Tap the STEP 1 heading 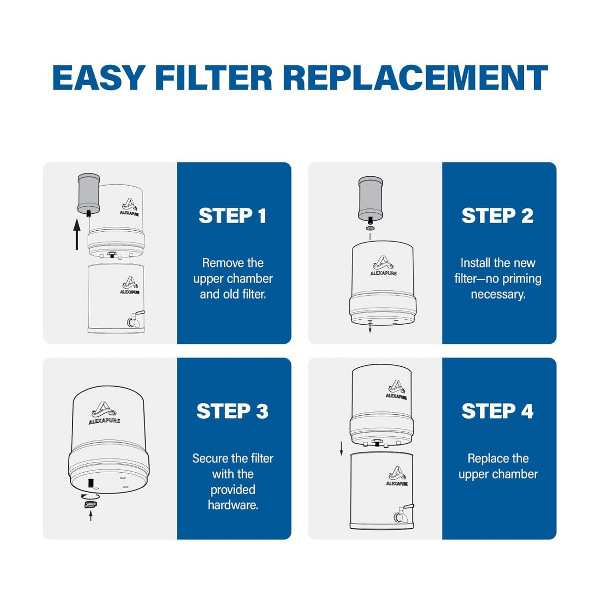tap(233, 216)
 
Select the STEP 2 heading tap(498, 216)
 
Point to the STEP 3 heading tap(233, 411)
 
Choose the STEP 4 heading tap(498, 411)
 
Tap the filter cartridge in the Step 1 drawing tap(89, 193)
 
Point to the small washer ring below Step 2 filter tap(370, 228)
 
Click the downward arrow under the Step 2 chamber tap(370, 327)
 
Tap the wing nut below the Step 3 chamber tap(91, 504)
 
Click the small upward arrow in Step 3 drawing tap(91, 516)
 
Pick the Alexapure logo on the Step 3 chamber tap(104, 413)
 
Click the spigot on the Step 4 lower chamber tap(402, 514)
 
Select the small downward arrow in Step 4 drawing tap(341, 449)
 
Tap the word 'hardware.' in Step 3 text tap(233, 505)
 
